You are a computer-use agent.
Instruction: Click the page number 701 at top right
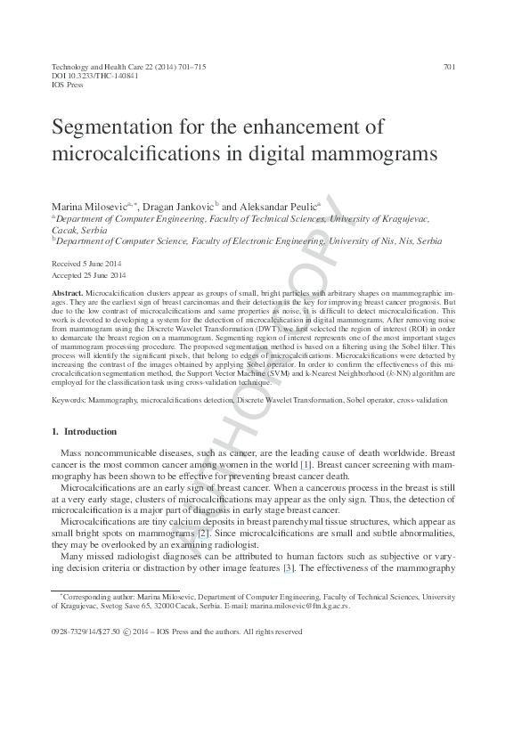tap(449, 67)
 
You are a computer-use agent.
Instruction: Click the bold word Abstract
tap(68, 292)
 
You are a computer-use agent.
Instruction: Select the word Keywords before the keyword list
tap(67, 400)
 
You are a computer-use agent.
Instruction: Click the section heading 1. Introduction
tap(84, 432)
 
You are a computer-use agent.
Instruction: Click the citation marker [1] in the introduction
tap(306, 466)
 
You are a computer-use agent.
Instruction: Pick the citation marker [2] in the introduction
tap(203, 533)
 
